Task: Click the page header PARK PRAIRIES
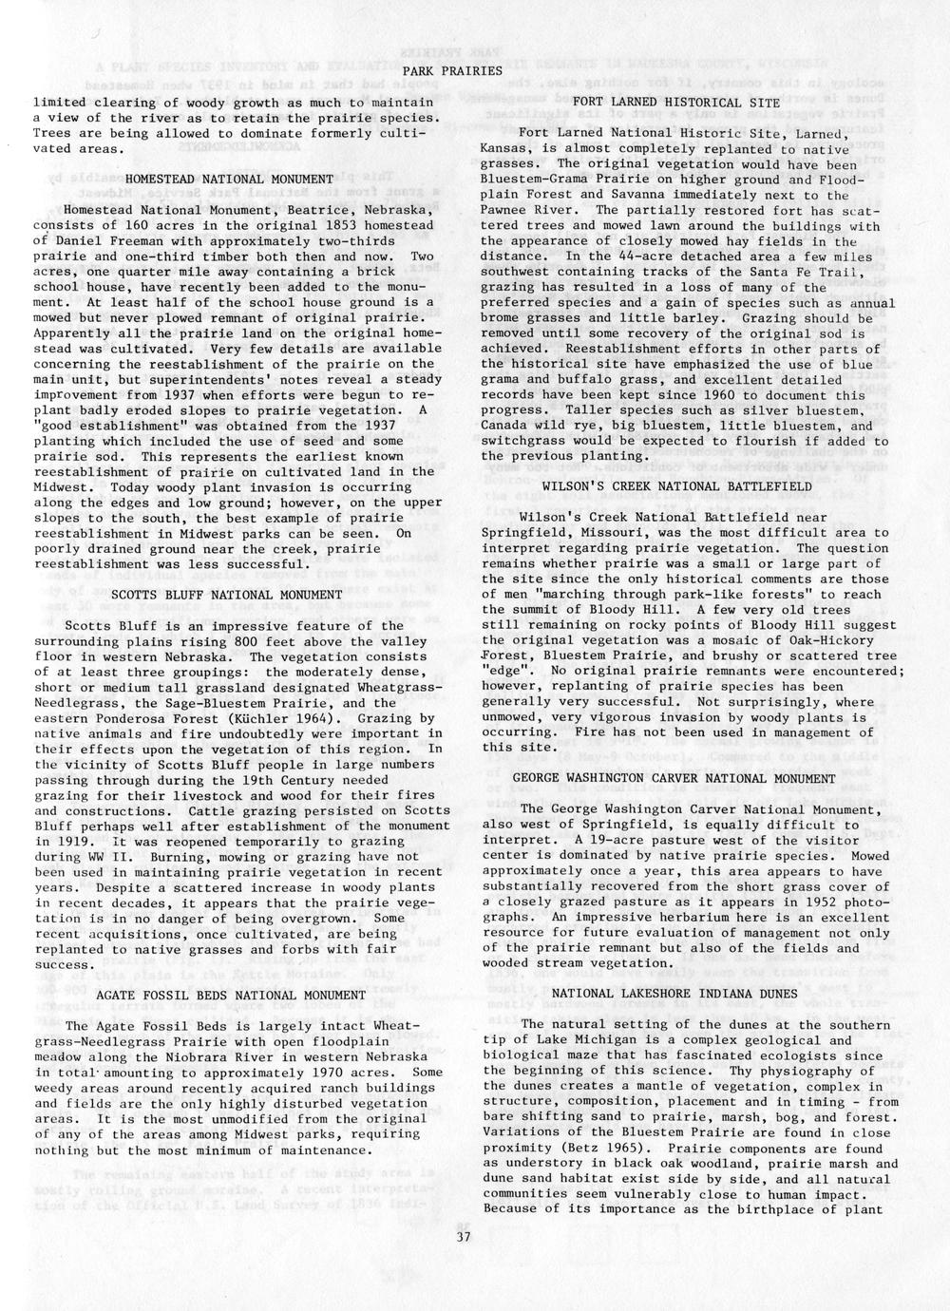[x=451, y=71]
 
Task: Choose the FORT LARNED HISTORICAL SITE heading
[x=676, y=102]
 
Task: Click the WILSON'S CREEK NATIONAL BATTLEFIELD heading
[x=676, y=485]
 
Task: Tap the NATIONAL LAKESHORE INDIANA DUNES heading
[x=677, y=993]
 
